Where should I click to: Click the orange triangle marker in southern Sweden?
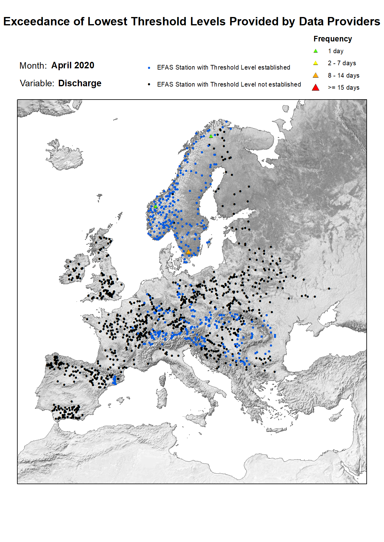pos(188,252)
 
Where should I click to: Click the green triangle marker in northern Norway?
pos(211,136)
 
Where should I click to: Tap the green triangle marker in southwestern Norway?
pos(156,206)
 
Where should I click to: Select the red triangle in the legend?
pos(316,87)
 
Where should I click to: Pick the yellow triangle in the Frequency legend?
pos(316,63)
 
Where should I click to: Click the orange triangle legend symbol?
pos(316,75)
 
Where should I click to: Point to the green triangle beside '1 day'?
pos(316,51)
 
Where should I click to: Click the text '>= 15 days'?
pos(343,87)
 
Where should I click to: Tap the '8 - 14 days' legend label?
pos(343,75)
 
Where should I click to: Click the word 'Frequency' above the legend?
pos(333,39)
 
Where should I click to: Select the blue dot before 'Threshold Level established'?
pos(149,68)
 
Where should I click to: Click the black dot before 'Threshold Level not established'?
pos(149,84)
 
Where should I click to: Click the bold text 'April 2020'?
pos(73,66)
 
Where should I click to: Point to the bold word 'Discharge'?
pos(80,83)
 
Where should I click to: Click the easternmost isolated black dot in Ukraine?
pos(329,289)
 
